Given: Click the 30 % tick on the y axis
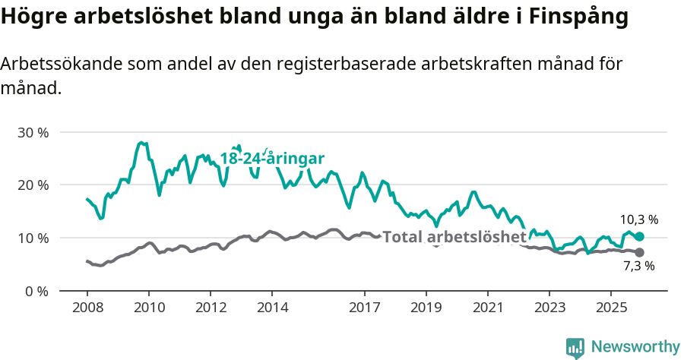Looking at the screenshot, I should pos(33,132).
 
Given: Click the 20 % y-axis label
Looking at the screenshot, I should pos(33,185).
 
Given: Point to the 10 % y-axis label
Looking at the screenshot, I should pos(33,238).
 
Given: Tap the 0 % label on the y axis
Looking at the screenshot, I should pos(36,291).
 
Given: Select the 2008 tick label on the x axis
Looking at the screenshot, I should pos(87,308).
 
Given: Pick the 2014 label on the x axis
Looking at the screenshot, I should pos(272,308).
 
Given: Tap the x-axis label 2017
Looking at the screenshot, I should pos(364,308).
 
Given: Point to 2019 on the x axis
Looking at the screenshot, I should pos(426,308).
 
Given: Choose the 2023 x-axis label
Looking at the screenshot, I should pos(549,308).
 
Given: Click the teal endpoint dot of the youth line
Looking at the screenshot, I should pos(639,236).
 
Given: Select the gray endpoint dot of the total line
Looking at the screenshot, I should pos(639,252).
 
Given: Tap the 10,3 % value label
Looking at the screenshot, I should pos(639,219).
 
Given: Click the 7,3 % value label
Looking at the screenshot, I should pos(638,267).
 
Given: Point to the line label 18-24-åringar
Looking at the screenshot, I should pos(272,158).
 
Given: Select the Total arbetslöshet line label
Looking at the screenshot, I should pos(454,237).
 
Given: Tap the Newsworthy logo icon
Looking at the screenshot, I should pos(575,348).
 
